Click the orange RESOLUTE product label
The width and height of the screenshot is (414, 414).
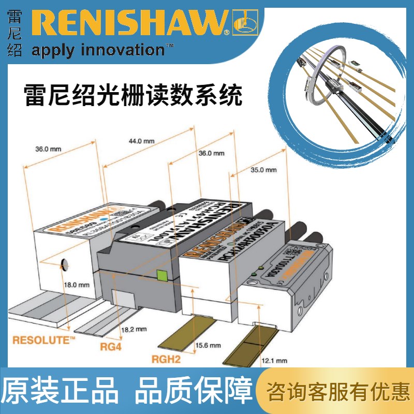[44, 340]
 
